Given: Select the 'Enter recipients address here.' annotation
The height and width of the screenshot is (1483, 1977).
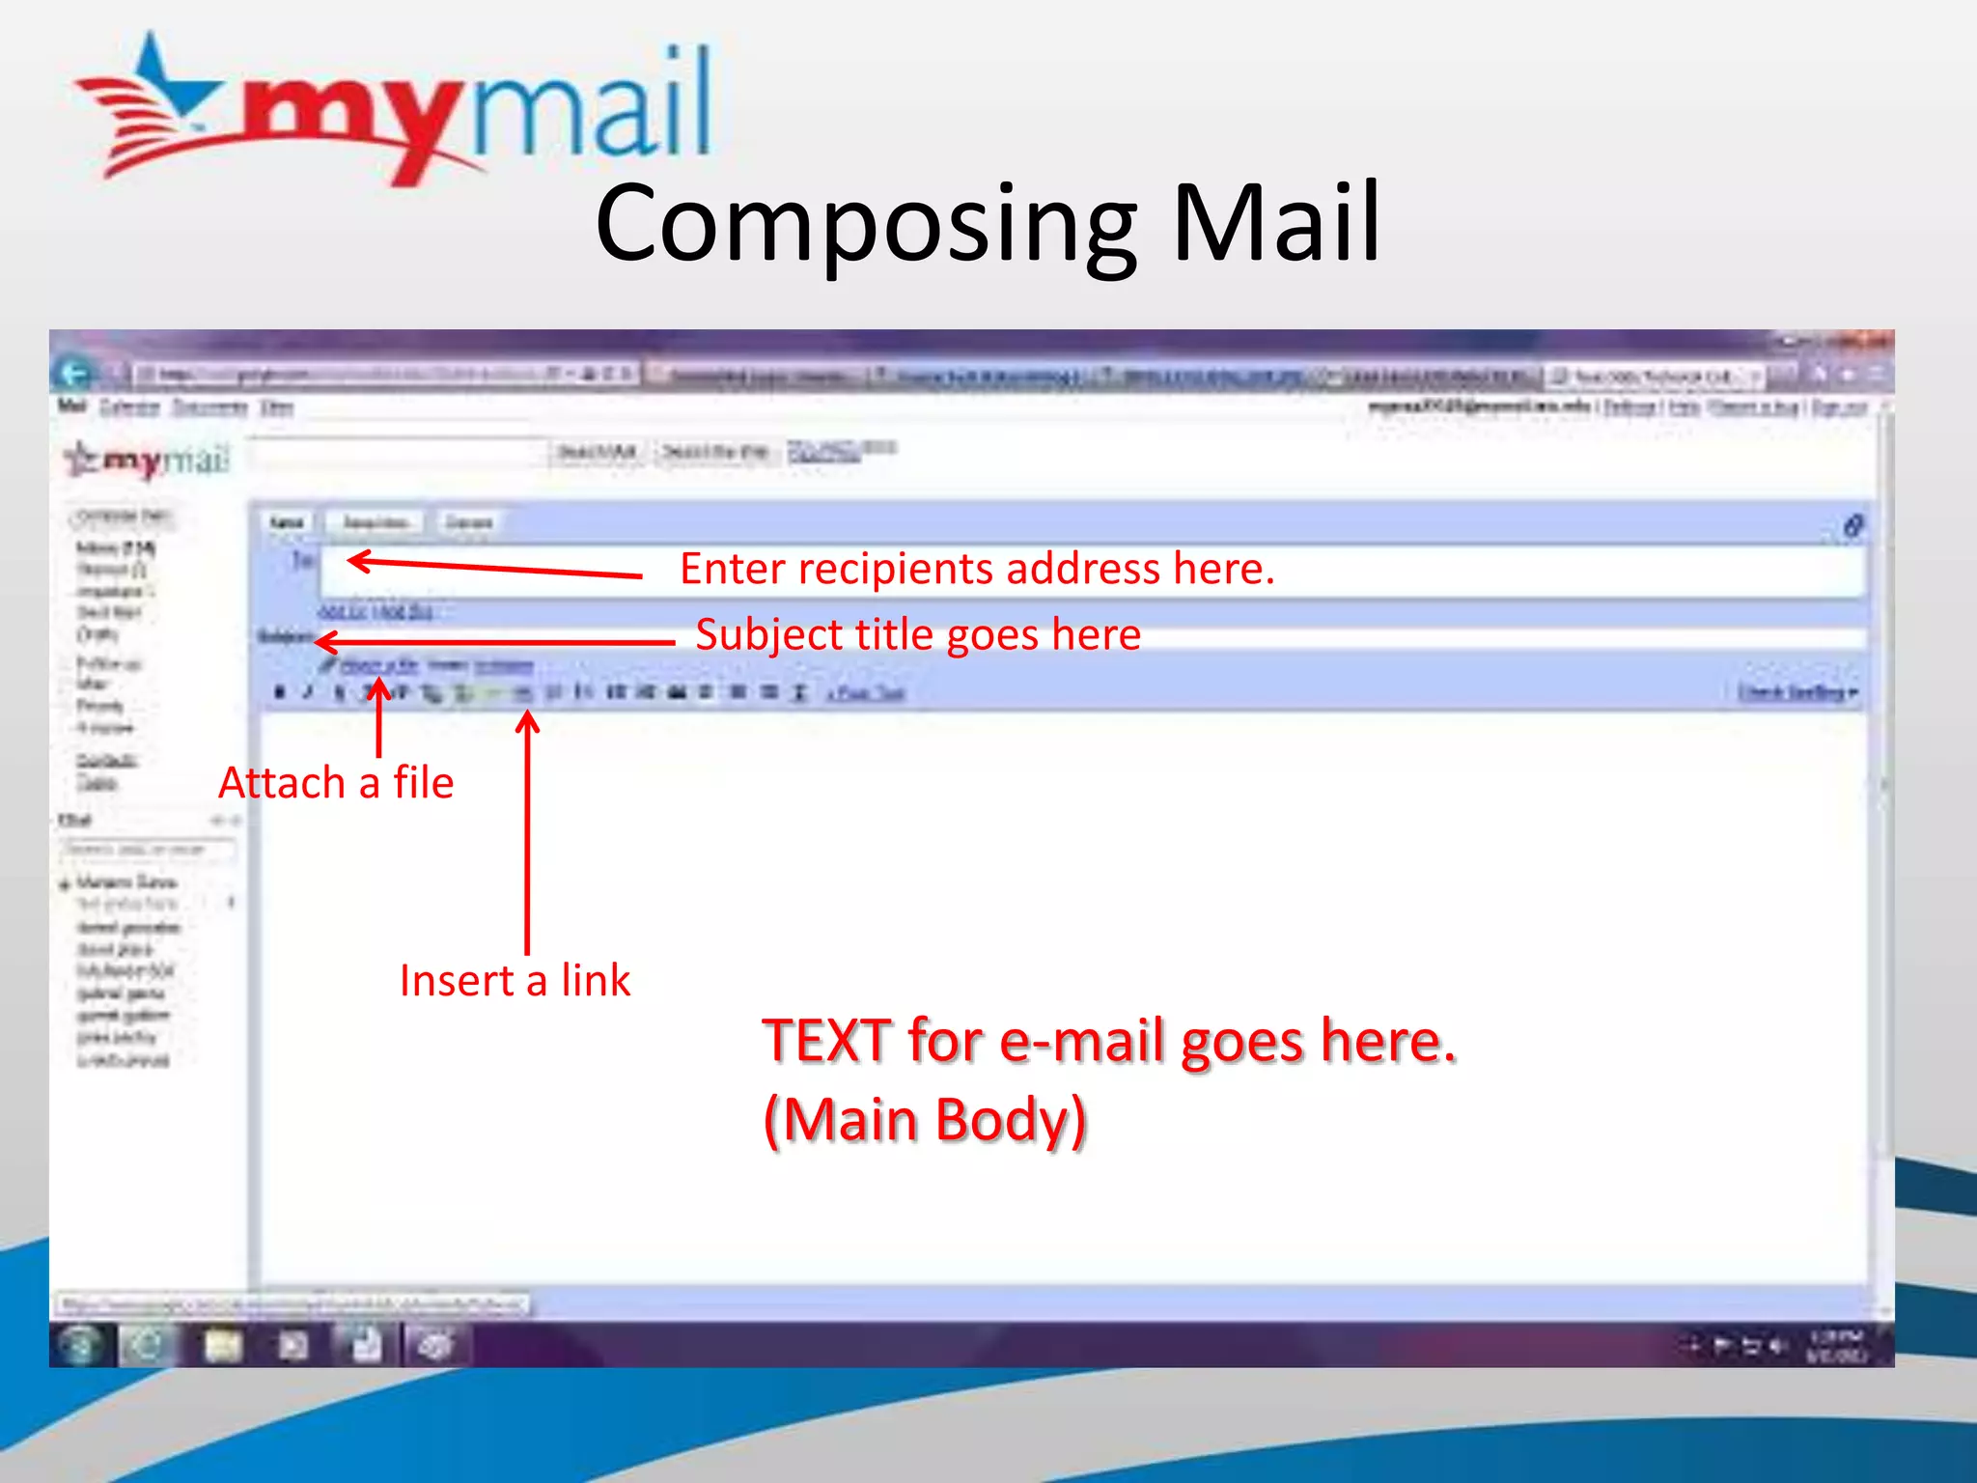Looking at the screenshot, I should (977, 569).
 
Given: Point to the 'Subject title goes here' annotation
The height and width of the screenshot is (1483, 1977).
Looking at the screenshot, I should (918, 635).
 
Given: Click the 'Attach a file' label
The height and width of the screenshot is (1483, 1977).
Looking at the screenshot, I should (336, 783).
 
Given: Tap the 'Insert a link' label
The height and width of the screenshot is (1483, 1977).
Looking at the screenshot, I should (515, 981).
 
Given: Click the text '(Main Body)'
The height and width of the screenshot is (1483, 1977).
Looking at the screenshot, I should (925, 1120).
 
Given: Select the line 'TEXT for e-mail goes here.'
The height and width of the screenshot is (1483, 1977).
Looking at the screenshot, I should (1108, 1041).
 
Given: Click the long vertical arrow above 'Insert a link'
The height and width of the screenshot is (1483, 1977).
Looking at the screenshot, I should (527, 830).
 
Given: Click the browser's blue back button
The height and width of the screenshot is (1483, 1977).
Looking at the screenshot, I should (75, 373).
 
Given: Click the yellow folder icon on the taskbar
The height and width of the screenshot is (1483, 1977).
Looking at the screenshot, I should (223, 1346).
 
